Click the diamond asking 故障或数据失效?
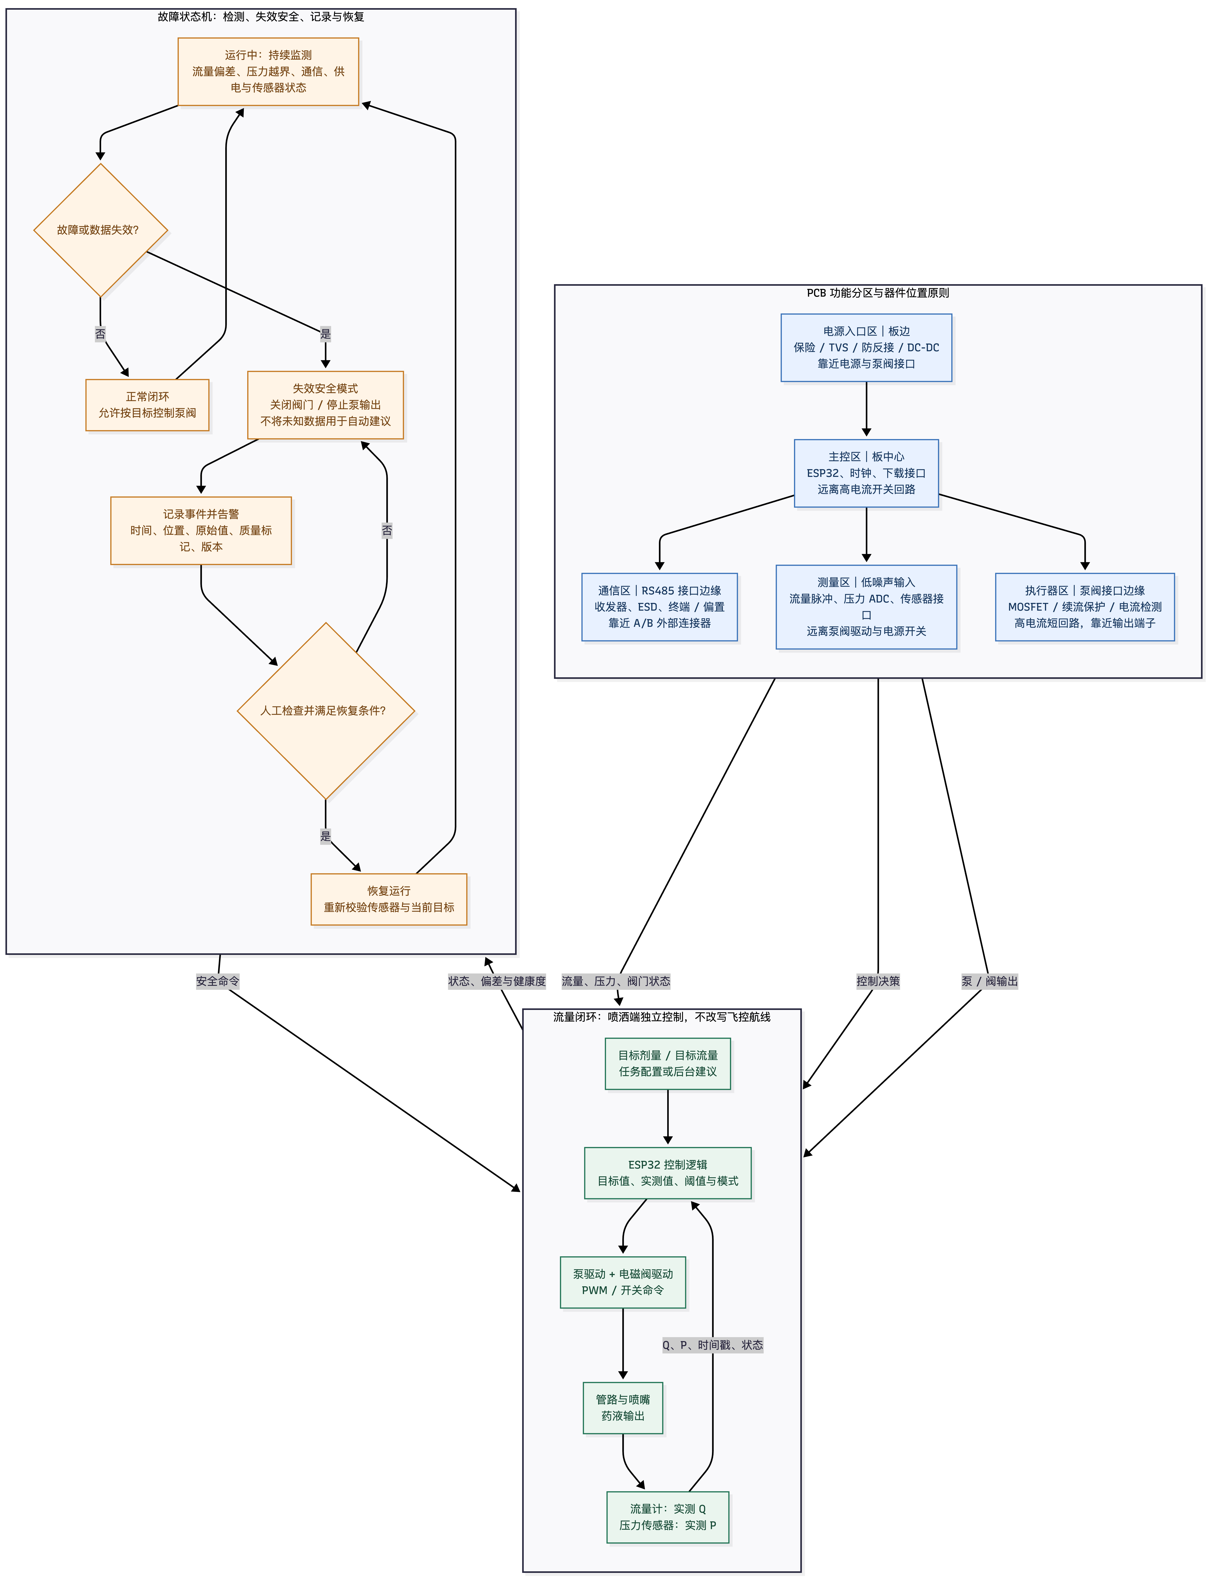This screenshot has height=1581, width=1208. tap(101, 230)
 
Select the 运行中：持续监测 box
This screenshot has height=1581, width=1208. tap(268, 71)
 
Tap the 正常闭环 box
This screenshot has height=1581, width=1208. tap(147, 405)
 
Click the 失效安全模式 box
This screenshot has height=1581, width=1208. tap(326, 405)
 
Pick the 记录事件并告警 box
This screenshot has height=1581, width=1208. tap(201, 531)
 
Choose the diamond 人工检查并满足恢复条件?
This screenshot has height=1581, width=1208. tap(326, 710)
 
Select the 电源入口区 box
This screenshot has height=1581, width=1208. tap(866, 347)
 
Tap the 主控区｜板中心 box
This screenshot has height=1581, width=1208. tap(866, 473)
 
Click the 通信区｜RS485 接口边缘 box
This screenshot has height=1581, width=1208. tap(659, 607)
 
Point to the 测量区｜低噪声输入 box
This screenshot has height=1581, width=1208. tap(866, 607)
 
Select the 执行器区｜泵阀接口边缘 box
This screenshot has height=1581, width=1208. tap(1085, 607)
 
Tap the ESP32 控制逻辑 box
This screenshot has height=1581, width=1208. tap(668, 1173)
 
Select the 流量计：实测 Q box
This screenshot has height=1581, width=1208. tap(668, 1517)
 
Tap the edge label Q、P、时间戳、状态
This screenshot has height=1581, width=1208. tap(713, 1344)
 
